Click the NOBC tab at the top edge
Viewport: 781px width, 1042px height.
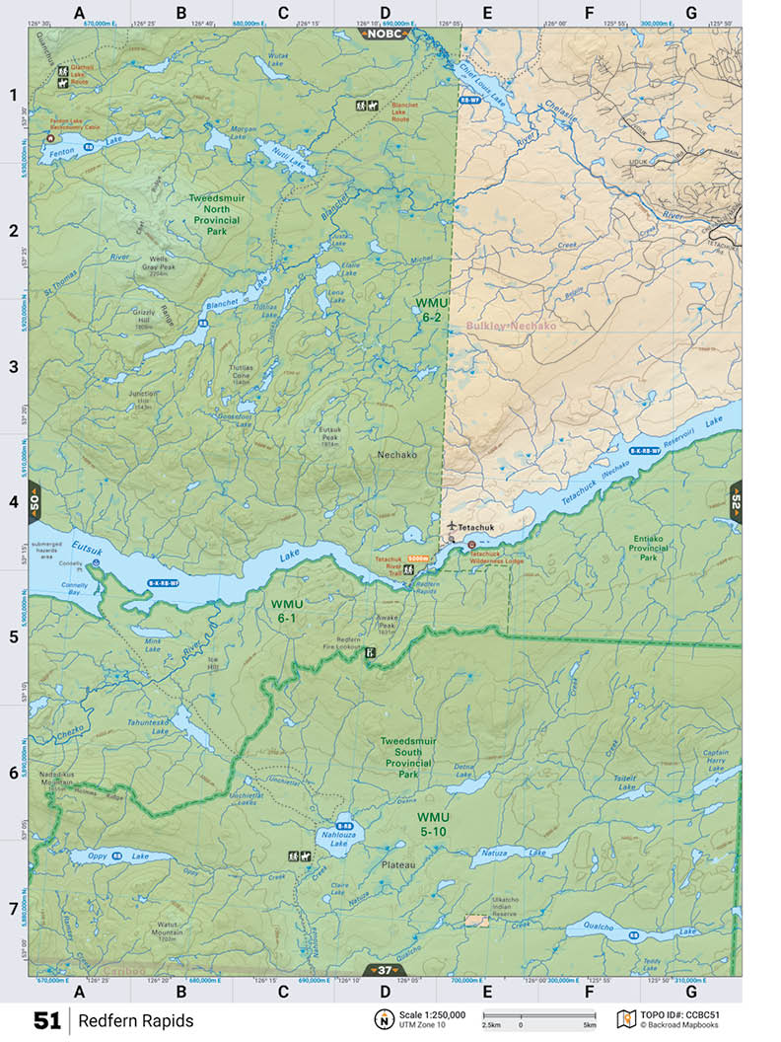(x=386, y=33)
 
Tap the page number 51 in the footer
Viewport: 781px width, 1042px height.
(x=47, y=1020)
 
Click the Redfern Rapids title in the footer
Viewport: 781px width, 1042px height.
(x=136, y=1020)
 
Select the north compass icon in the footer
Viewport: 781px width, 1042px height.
(x=383, y=1018)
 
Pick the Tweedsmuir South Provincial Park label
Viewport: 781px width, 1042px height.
(x=421, y=757)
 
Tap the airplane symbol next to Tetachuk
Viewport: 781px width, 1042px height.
(x=451, y=526)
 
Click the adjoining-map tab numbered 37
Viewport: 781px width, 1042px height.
(x=386, y=970)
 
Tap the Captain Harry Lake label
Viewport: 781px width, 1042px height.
(x=715, y=758)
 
